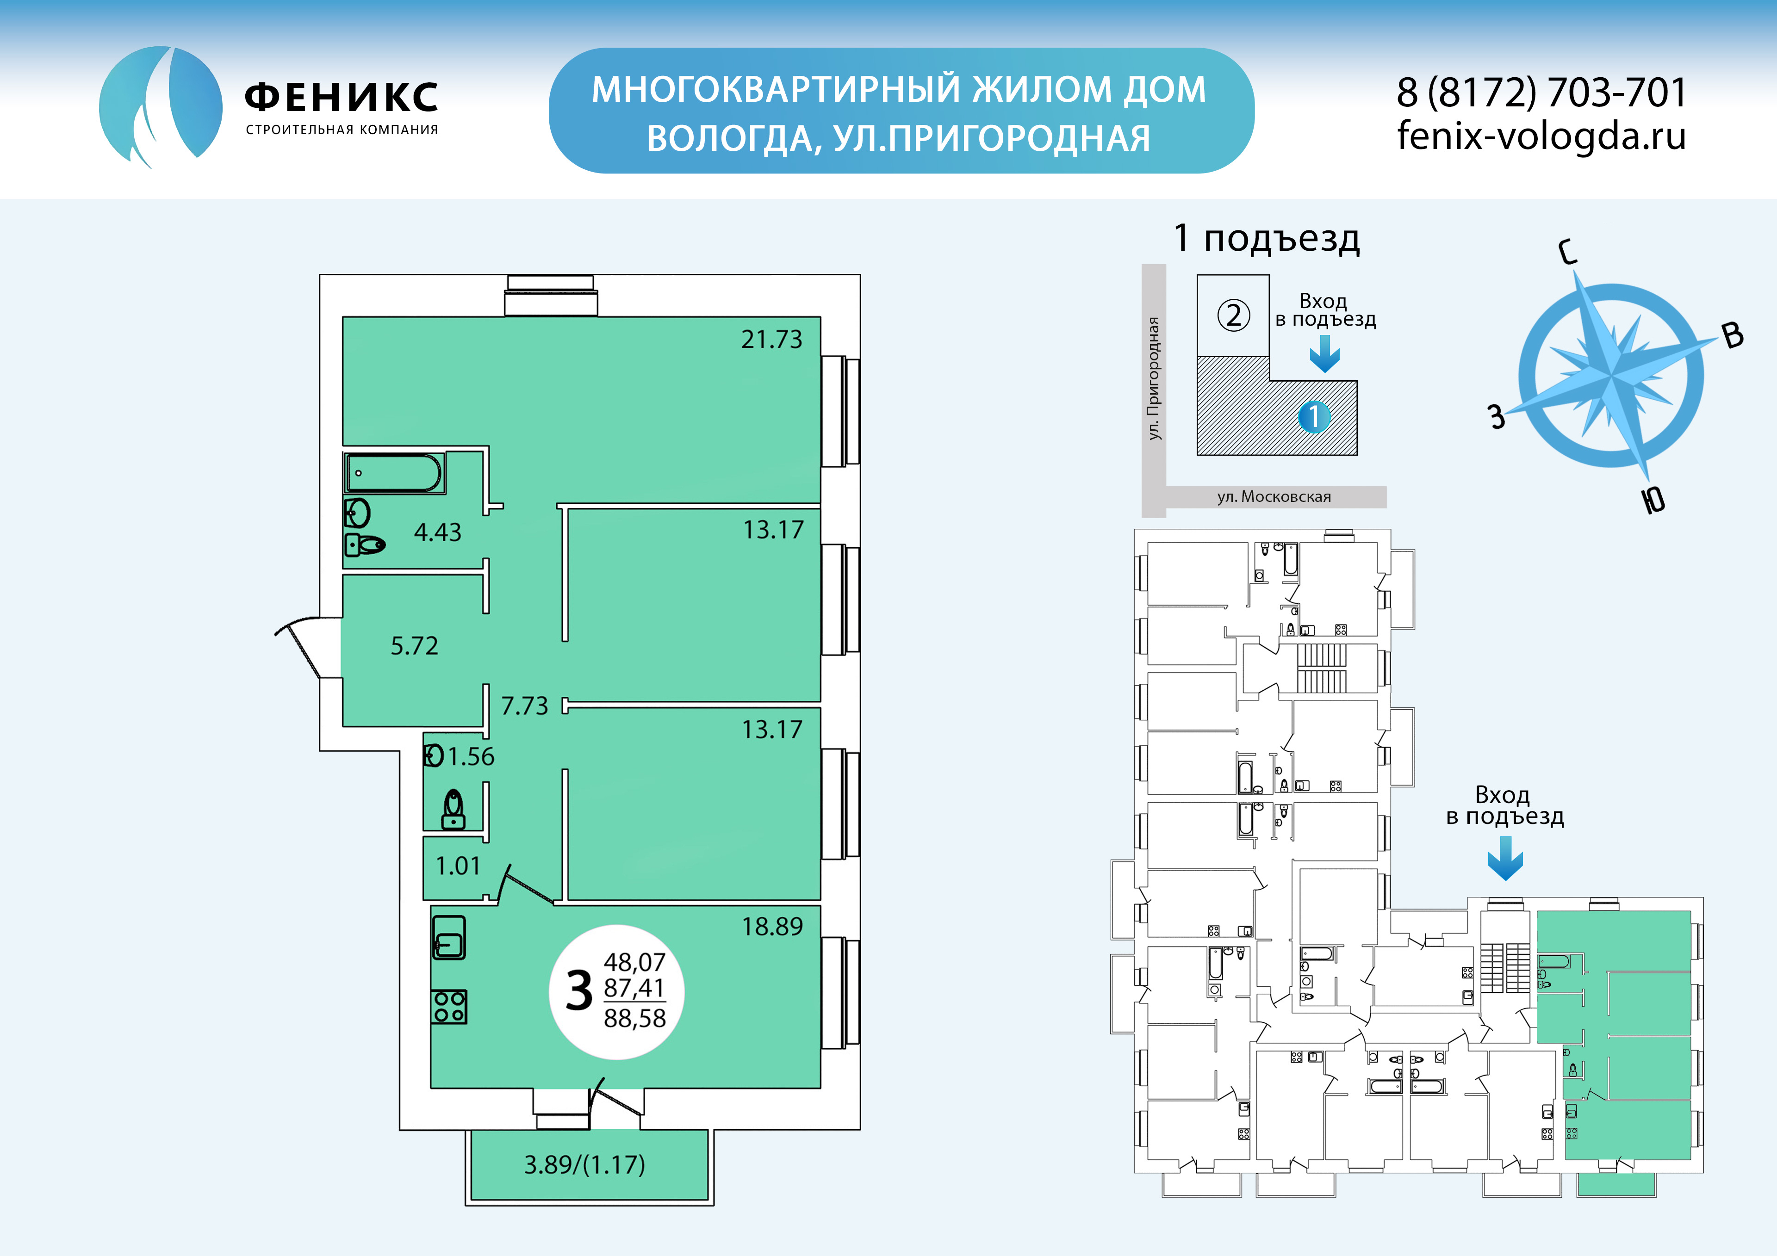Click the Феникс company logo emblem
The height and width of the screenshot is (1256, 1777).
pyautogui.click(x=161, y=107)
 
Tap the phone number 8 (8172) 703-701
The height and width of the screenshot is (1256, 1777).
pyautogui.click(x=1541, y=93)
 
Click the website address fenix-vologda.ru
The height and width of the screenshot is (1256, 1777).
pyautogui.click(x=1541, y=136)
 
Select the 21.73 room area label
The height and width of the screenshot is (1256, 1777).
pyautogui.click(x=771, y=339)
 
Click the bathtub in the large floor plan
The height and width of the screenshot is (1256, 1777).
pyautogui.click(x=395, y=473)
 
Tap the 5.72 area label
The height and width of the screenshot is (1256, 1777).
pyautogui.click(x=414, y=645)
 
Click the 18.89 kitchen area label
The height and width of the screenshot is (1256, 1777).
pyautogui.click(x=772, y=926)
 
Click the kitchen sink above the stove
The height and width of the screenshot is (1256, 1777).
pyautogui.click(x=449, y=937)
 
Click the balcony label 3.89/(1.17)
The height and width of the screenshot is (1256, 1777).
pyautogui.click(x=584, y=1165)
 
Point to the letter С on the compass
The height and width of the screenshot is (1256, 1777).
pyautogui.click(x=1567, y=252)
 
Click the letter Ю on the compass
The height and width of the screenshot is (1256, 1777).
pyautogui.click(x=1654, y=500)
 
